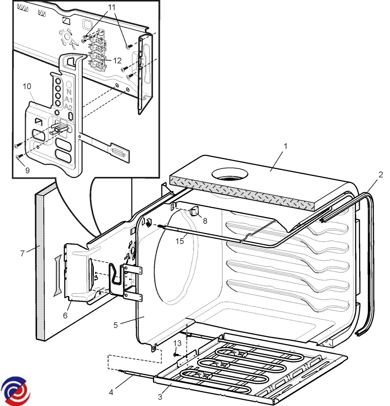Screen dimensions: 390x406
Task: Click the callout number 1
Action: point(286,146)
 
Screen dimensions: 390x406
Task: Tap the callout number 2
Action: point(381,175)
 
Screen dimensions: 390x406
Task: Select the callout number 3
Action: point(160,397)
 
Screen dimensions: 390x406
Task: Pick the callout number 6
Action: point(65,315)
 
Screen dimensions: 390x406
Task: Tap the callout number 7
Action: point(23,253)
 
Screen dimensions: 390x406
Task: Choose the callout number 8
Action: point(205,221)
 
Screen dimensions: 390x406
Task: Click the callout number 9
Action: point(27,171)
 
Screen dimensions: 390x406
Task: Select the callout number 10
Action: point(27,86)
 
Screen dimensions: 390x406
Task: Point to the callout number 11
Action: point(112,7)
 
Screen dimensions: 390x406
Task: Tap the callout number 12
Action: point(117,61)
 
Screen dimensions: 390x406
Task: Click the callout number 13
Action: point(177,343)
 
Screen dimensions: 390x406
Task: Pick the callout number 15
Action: point(180,241)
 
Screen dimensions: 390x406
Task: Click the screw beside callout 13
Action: point(176,355)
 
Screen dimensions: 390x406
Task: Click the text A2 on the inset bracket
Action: point(68,107)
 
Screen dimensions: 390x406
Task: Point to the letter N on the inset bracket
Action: point(69,92)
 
